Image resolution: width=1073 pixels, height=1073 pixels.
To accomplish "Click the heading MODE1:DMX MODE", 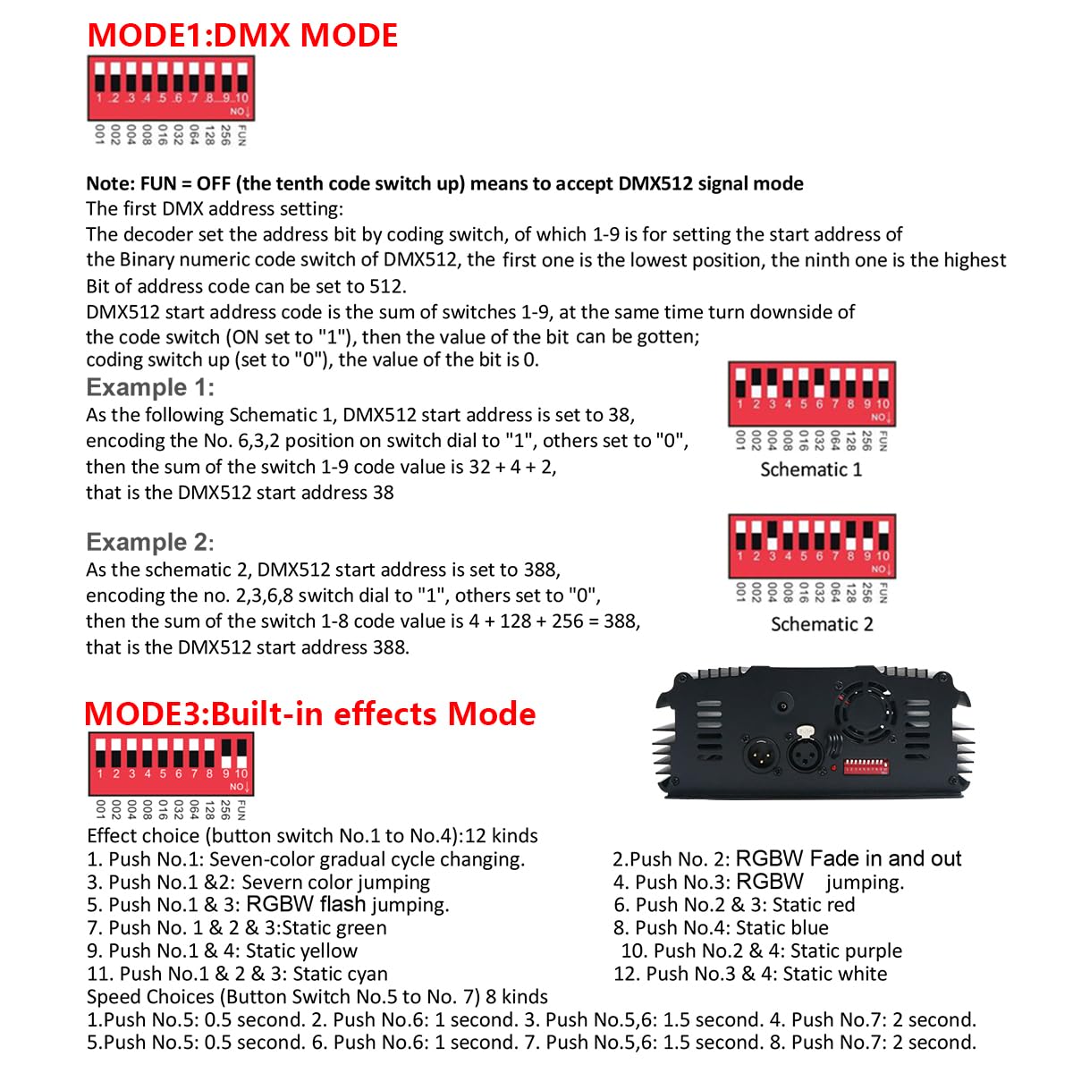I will (242, 36).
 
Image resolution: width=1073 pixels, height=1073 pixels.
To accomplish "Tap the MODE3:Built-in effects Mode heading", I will (309, 714).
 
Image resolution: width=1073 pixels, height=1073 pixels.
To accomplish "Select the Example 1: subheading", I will (150, 387).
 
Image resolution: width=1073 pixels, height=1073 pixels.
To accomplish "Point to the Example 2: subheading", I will (150, 542).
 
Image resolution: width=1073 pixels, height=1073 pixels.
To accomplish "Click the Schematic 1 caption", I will (811, 469).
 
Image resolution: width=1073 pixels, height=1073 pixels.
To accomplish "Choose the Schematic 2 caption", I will (822, 624).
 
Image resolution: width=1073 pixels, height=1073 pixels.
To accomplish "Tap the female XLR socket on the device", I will (804, 751).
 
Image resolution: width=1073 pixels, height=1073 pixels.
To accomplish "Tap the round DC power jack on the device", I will (783, 706).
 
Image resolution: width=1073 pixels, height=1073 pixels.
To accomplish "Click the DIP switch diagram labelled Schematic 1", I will (811, 393).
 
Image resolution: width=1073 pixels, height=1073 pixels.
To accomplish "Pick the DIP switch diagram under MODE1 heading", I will (170, 88).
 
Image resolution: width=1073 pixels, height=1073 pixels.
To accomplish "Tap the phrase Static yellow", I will (301, 950).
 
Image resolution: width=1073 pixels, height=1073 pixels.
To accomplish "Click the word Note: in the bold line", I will (111, 184).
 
